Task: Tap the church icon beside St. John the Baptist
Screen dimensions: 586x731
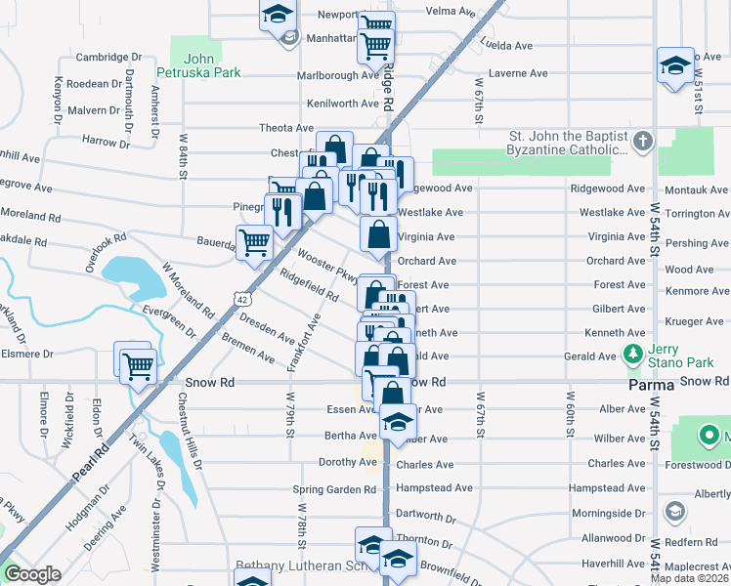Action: tap(642, 143)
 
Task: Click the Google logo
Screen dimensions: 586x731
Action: tap(31, 574)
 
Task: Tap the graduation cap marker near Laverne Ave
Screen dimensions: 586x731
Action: tap(674, 65)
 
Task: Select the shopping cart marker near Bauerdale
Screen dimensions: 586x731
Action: tap(255, 241)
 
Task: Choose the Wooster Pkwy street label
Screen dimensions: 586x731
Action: tap(328, 266)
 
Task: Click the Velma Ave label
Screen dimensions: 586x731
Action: tap(451, 12)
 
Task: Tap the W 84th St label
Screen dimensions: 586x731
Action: tap(182, 157)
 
